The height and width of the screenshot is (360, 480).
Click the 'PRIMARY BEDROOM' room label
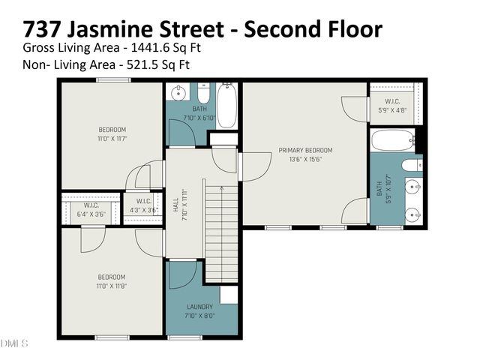pyautogui.click(x=305, y=150)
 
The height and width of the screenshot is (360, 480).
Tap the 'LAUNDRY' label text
pyautogui.click(x=200, y=307)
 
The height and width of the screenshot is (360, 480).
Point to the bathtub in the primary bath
pyautogui.click(x=392, y=139)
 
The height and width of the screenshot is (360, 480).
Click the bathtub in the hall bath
pyautogui.click(x=227, y=104)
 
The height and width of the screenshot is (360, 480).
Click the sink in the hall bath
pyautogui.click(x=178, y=94)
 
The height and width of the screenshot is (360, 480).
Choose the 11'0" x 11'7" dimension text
pyautogui.click(x=112, y=139)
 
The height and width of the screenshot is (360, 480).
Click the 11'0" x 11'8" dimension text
pyautogui.click(x=112, y=286)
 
